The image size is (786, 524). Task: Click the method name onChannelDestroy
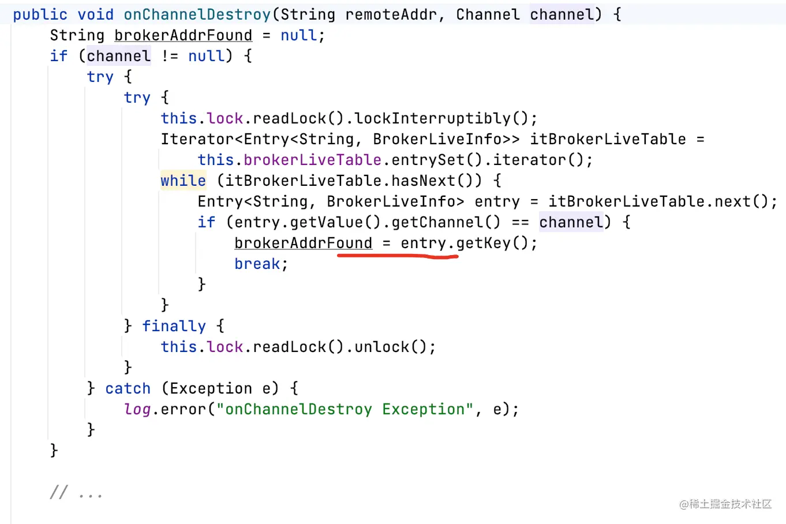pyautogui.click(x=197, y=14)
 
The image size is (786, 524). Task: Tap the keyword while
pyautogui.click(x=183, y=181)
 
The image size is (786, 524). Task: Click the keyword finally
pyautogui.click(x=174, y=326)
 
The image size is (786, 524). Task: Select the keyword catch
pyautogui.click(x=128, y=388)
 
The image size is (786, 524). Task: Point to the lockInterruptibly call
pyautogui.click(x=433, y=118)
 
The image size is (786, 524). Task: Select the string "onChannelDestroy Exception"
pyautogui.click(x=345, y=409)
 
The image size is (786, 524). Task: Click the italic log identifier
pyautogui.click(x=137, y=409)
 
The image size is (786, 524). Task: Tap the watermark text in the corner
pyautogui.click(x=725, y=504)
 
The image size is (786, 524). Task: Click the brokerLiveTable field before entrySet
pyautogui.click(x=312, y=160)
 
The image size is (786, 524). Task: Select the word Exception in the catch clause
pyautogui.click(x=211, y=388)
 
